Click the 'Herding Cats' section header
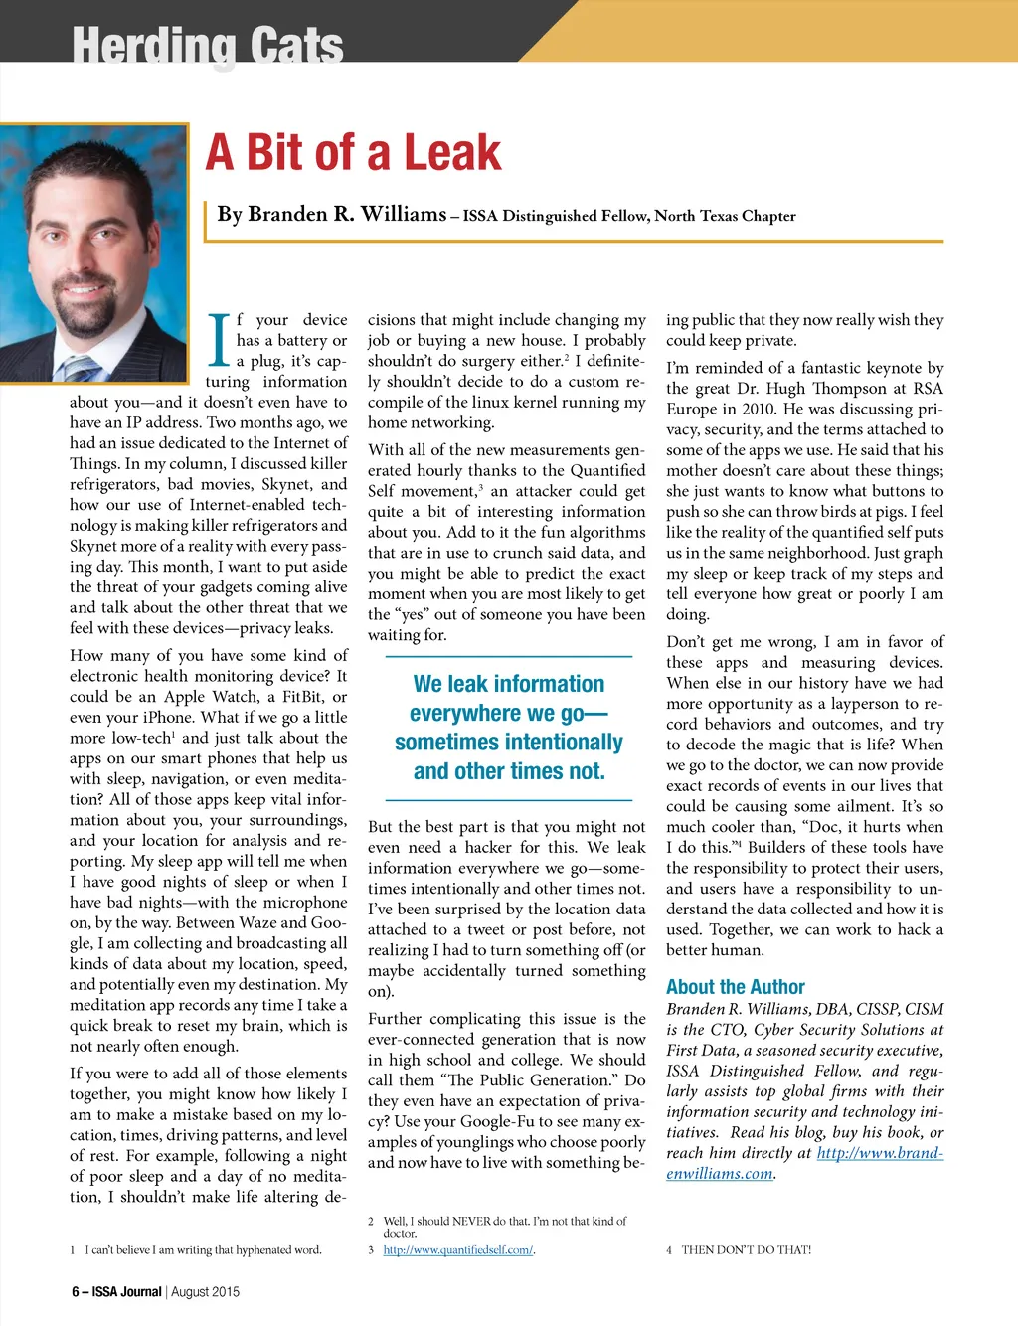[x=208, y=44]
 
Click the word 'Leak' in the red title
[x=452, y=152]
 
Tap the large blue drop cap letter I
[x=219, y=339]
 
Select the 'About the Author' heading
[x=735, y=987]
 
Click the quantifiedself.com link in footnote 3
[x=457, y=1250]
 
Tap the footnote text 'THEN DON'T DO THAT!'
[x=746, y=1250]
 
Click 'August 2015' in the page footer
[x=205, y=1292]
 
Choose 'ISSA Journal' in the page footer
[x=126, y=1292]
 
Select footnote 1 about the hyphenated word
[x=203, y=1250]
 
